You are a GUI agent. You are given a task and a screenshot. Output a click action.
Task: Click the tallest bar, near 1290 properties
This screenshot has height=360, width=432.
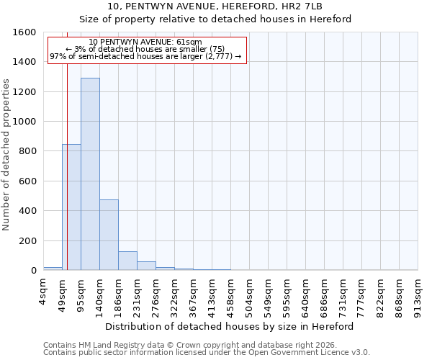pos(90,174)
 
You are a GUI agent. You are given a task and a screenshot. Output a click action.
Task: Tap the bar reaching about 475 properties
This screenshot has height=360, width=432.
pos(109,235)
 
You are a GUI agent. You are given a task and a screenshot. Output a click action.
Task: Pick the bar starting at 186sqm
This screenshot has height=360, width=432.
pos(127,261)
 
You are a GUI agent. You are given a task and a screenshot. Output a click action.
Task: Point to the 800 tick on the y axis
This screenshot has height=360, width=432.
pos(27,151)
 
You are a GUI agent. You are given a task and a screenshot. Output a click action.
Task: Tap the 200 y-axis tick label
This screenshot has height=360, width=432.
pos(27,240)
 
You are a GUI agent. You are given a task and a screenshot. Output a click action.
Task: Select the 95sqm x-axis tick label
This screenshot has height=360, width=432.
pos(81,294)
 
